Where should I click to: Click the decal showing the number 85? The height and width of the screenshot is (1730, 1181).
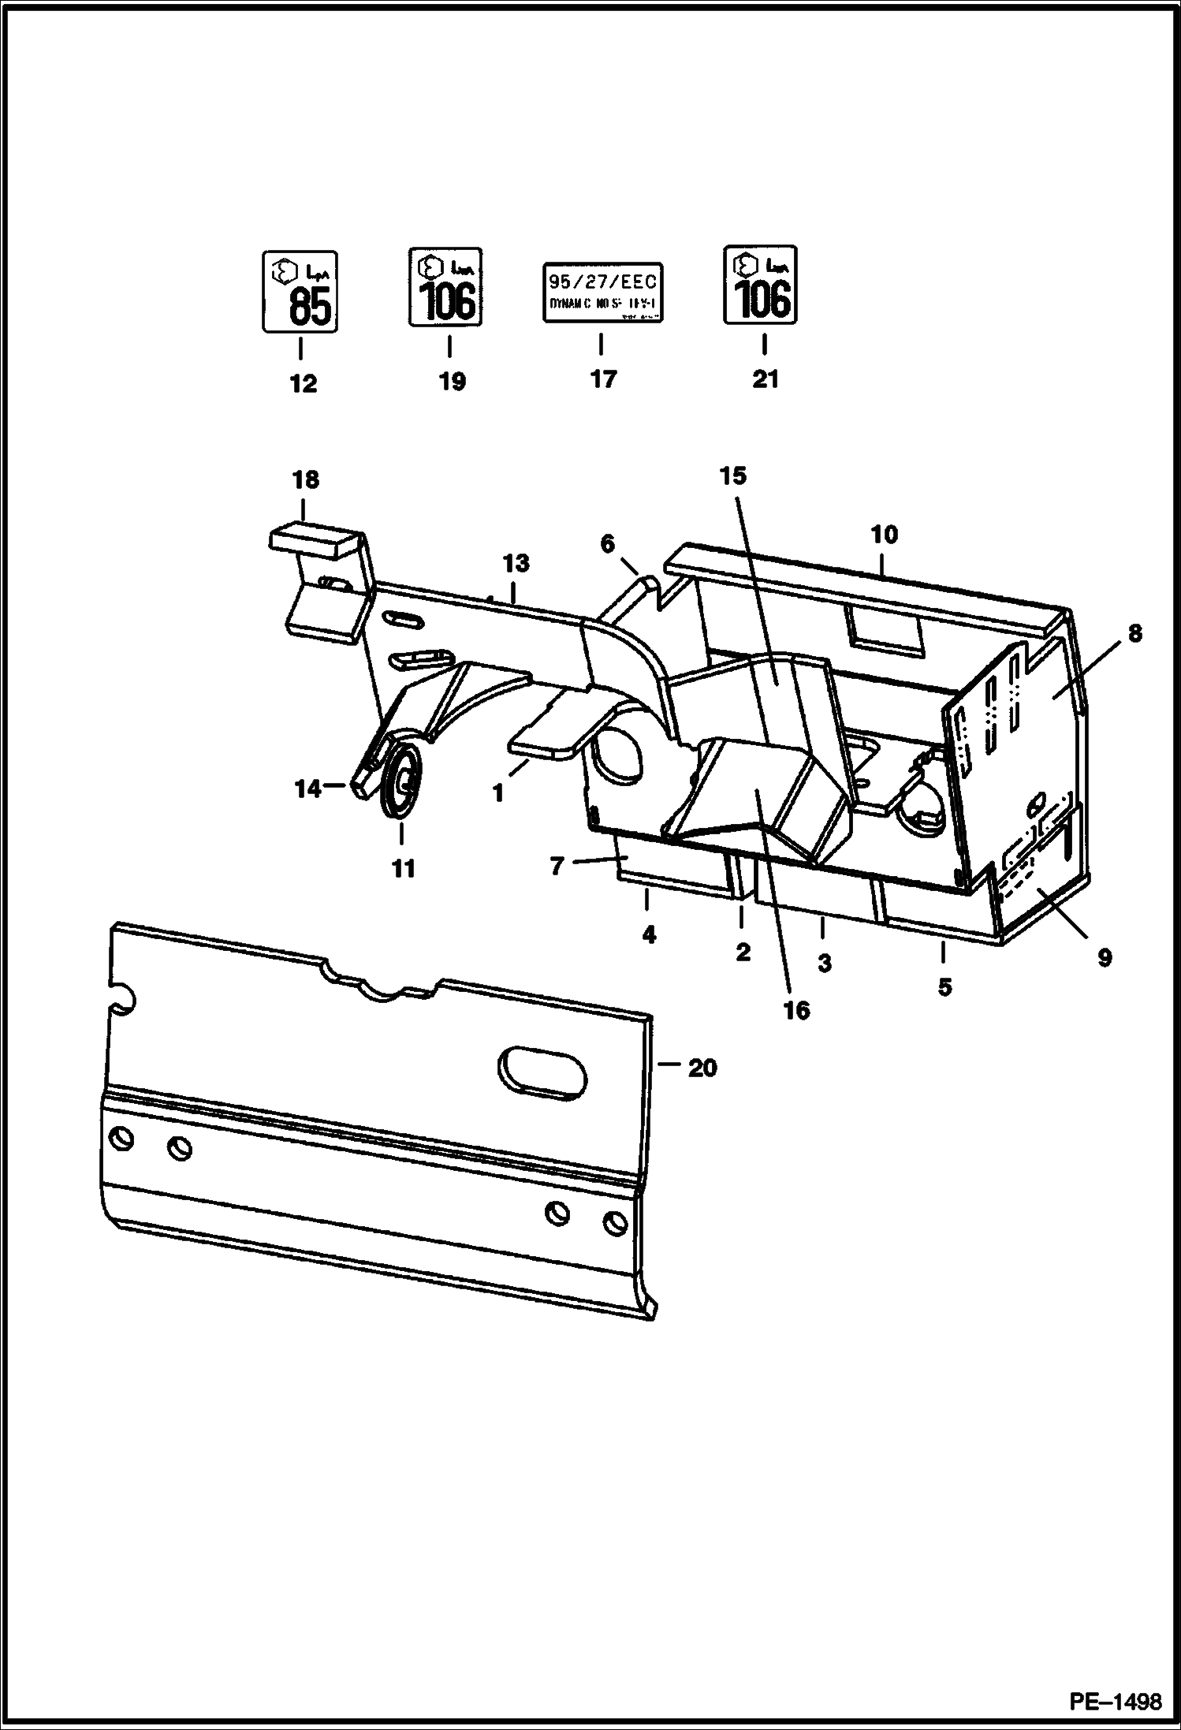pos(300,292)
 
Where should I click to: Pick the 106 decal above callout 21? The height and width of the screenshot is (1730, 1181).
pos(760,284)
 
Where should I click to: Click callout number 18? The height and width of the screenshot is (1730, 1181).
pos(305,479)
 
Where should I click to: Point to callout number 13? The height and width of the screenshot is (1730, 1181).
pos(516,564)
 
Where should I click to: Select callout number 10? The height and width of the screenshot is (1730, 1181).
pos(884,535)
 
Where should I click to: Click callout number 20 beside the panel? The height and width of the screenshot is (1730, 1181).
pos(702,1068)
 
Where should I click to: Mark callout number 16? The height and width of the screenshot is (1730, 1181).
pos(796,1010)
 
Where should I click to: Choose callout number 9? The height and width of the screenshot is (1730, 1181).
pos(1104,958)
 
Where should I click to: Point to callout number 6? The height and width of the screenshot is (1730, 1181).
pos(607,543)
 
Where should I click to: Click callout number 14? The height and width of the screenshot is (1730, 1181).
pos(307,789)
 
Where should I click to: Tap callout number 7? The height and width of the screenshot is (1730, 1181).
pos(557,867)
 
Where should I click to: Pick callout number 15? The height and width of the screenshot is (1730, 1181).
pos(732,476)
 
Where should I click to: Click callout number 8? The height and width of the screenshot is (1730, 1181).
pos(1134,634)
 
